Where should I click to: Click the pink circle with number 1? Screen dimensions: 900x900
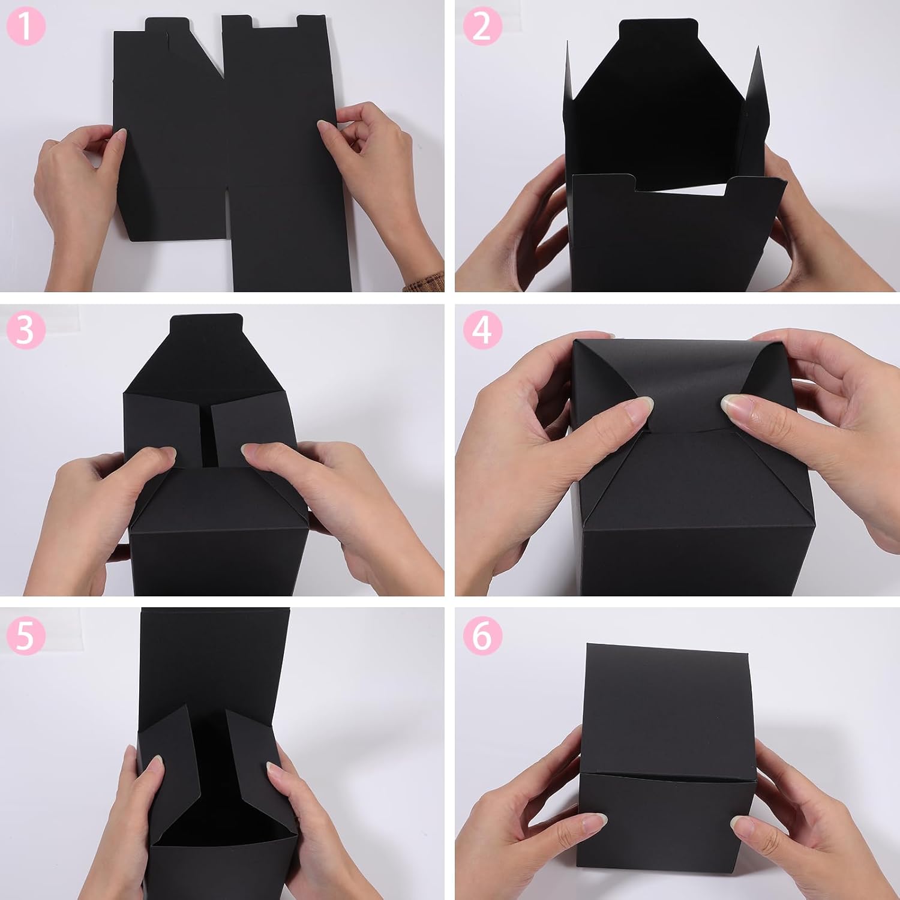[x=26, y=26]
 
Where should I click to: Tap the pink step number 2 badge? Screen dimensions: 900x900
[x=482, y=26]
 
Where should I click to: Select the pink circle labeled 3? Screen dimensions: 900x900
[x=26, y=329]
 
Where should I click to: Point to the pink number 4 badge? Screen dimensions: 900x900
[x=482, y=329]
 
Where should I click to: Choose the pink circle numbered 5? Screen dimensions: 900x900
[x=26, y=635]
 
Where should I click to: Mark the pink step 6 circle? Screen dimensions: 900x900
[x=482, y=635]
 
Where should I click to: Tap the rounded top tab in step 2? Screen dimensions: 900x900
[x=658, y=31]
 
